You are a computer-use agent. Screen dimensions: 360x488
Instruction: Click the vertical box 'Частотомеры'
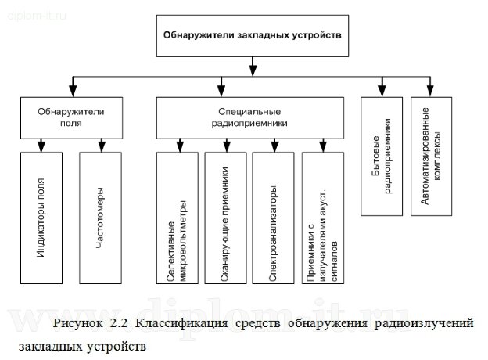click(101, 218)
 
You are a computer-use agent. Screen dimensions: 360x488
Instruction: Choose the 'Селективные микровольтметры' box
click(178, 218)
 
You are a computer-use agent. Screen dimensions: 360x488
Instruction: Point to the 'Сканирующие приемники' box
click(225, 218)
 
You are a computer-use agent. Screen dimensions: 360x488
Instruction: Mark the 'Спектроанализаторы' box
click(274, 218)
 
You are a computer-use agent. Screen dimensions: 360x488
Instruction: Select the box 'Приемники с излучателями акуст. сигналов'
click(322, 218)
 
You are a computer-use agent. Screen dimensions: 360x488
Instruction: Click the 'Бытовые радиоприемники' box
click(382, 156)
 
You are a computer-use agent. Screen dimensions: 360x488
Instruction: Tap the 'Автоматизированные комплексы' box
click(429, 156)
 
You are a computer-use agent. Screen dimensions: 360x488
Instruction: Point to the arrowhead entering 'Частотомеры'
click(101, 146)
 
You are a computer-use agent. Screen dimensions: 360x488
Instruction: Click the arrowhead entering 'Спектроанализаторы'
click(274, 146)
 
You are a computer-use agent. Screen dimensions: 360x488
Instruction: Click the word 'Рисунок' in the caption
click(79, 323)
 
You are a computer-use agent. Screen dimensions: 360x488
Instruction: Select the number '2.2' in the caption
click(117, 323)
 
